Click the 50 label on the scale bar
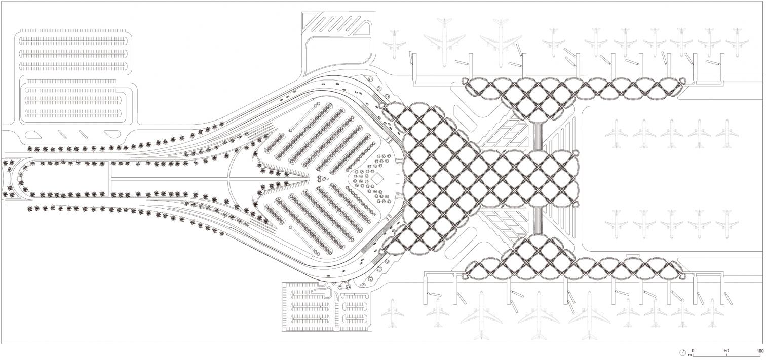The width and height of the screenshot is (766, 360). click(726, 350)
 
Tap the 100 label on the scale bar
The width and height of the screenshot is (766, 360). click(759, 350)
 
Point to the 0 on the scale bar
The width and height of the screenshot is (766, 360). click(693, 350)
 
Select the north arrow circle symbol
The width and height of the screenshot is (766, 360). click(682, 352)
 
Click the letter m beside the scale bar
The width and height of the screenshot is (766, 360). click(690, 355)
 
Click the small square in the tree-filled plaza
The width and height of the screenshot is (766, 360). click(377, 179)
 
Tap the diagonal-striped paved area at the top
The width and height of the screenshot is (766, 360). click(336, 22)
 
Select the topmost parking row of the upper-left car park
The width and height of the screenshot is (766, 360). click(73, 39)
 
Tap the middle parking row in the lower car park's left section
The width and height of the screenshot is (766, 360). click(309, 306)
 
